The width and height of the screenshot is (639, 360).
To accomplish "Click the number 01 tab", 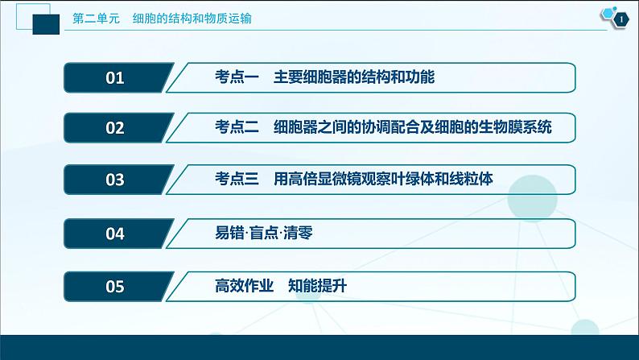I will pos(115,78).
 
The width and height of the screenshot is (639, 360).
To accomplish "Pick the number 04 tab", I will pos(115,234).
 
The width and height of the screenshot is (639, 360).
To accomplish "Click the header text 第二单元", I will pos(96,19).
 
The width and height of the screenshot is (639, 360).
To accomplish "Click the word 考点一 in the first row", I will pos(237,78).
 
